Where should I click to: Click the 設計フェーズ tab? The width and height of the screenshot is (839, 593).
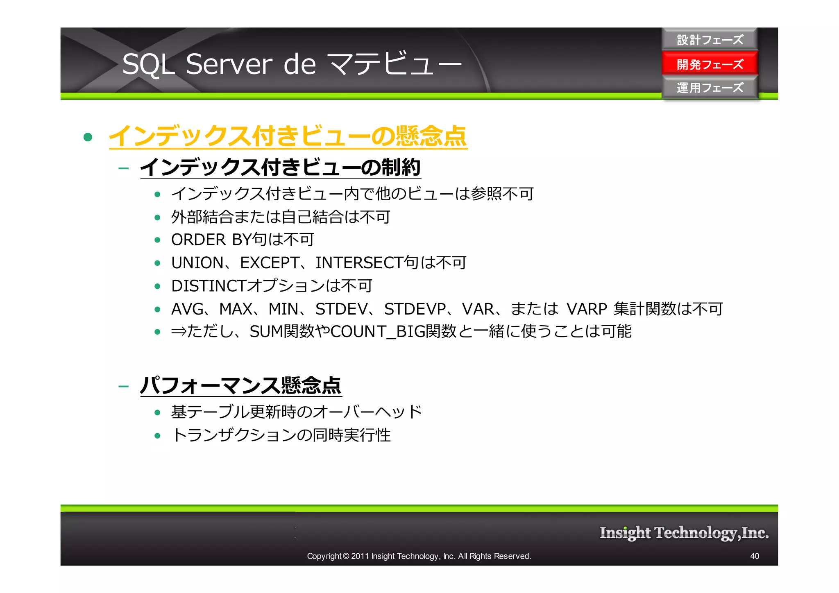tap(710, 40)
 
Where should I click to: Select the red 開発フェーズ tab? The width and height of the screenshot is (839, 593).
tap(710, 64)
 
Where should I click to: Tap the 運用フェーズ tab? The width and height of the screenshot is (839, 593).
tap(710, 87)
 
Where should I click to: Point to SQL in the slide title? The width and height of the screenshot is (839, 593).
tap(148, 64)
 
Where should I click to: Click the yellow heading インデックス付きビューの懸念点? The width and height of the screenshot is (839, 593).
tap(288, 136)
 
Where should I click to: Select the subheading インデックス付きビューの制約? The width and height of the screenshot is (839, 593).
tap(280, 167)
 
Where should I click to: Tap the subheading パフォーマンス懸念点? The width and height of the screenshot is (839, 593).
tap(241, 385)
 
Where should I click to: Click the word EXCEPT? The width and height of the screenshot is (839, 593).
tap(270, 263)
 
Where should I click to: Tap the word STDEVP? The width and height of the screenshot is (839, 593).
tap(415, 309)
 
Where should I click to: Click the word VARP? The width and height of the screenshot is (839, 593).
tap(586, 309)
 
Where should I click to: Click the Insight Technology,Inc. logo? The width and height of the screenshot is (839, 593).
tap(684, 533)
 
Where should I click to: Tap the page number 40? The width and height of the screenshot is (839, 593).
tap(754, 556)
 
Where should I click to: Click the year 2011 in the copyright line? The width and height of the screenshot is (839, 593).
tap(360, 556)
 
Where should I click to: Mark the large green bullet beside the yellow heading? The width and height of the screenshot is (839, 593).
tap(88, 137)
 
